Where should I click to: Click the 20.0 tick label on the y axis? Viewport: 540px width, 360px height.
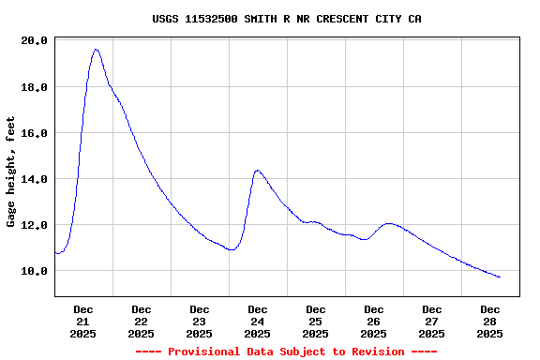[34, 41]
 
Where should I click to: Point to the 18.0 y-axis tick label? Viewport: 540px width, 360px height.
[34, 87]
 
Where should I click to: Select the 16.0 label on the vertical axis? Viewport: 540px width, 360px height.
[34, 133]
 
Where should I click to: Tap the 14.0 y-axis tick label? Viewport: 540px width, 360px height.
[34, 179]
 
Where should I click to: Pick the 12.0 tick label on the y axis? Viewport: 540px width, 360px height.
[34, 225]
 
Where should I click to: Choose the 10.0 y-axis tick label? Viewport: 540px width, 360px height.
[34, 271]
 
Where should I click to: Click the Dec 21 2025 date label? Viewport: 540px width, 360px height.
[83, 321]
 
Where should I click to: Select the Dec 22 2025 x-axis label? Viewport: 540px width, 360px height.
[142, 321]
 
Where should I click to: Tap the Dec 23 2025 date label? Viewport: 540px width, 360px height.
[200, 321]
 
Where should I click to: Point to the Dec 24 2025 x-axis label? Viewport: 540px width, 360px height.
[258, 321]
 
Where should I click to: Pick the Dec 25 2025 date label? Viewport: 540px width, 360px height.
[316, 321]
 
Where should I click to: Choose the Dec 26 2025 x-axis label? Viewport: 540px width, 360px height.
[374, 321]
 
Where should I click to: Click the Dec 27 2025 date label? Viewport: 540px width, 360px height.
[432, 321]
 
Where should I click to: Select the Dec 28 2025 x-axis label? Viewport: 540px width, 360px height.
[490, 321]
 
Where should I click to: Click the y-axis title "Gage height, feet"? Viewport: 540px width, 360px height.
[11, 171]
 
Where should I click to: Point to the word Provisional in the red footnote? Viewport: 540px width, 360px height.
[205, 352]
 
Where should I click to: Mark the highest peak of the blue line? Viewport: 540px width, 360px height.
[96, 49]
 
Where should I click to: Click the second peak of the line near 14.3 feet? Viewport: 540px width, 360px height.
[258, 171]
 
